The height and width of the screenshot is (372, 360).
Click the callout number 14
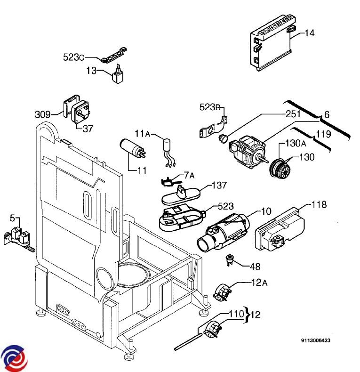pyautogui.click(x=309, y=33)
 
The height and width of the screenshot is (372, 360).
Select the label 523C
pyautogui.click(x=73, y=57)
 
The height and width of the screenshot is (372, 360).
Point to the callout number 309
pyautogui.click(x=42, y=114)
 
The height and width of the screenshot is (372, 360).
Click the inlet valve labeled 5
pyautogui.click(x=19, y=235)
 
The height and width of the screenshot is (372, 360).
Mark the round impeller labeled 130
pyautogui.click(x=280, y=168)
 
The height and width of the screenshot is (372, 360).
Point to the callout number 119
pyautogui.click(x=323, y=134)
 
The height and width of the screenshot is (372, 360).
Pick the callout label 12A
pyautogui.click(x=260, y=283)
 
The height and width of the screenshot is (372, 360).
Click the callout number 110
pyautogui.click(x=237, y=313)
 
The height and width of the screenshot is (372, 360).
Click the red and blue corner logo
pyautogui.click(x=14, y=358)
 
